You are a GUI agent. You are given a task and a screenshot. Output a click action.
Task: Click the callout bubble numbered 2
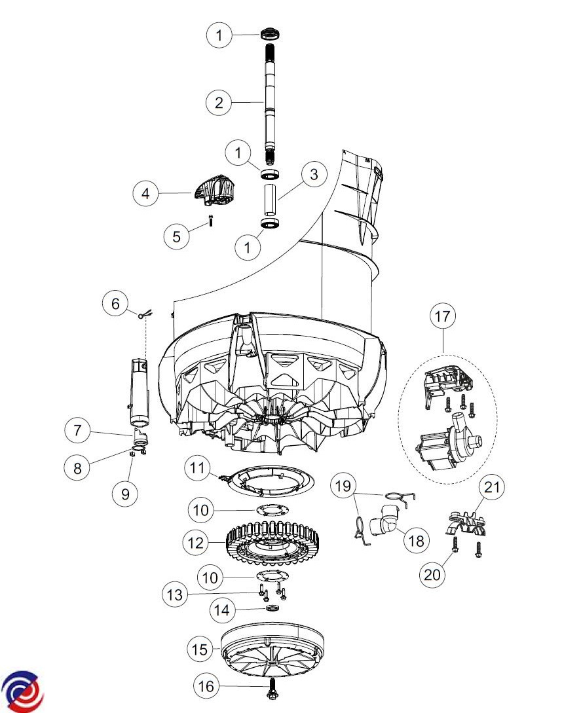click(219, 102)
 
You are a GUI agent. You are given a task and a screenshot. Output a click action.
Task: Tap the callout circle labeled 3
click(314, 174)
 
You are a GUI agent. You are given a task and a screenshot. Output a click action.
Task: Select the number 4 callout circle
click(145, 193)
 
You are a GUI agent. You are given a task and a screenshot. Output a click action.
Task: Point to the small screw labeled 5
click(211, 221)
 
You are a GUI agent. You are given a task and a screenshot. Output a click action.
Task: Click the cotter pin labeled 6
click(147, 314)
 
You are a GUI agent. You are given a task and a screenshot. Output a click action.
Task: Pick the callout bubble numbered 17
click(442, 316)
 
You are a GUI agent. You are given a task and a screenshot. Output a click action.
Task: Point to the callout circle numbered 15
click(200, 649)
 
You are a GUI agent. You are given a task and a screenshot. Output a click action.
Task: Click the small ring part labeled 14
click(272, 609)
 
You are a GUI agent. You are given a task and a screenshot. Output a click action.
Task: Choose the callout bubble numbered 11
click(197, 467)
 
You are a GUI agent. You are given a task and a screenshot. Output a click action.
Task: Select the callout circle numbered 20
click(432, 574)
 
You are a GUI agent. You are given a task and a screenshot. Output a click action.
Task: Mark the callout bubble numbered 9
click(126, 494)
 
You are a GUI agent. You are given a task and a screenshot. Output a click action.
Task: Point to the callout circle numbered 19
click(343, 486)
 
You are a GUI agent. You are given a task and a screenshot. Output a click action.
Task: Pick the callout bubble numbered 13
click(175, 594)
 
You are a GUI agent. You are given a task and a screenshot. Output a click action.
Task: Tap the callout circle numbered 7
click(77, 430)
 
